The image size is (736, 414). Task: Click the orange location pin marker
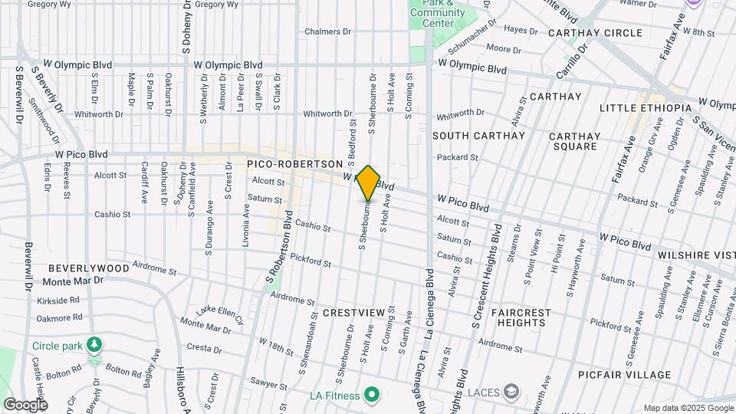tap(368, 183)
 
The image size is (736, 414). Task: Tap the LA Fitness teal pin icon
tap(372, 396)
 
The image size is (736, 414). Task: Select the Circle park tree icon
tap(94, 345)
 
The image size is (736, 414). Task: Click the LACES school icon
tap(510, 393)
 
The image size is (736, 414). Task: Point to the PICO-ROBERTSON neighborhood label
tap(294, 164)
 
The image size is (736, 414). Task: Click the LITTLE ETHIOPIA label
tap(646, 108)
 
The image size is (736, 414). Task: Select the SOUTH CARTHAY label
tap(478, 136)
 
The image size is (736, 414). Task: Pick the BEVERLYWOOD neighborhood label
tap(88, 268)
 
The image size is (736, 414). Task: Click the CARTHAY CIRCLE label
tap(595, 33)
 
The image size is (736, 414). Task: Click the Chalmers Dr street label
tap(327, 32)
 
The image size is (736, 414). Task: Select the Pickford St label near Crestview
tap(311, 263)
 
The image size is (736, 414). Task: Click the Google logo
tap(25, 404)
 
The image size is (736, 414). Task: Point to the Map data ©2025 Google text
tap(688, 408)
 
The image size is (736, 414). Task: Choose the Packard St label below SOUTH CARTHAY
tap(457, 158)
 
